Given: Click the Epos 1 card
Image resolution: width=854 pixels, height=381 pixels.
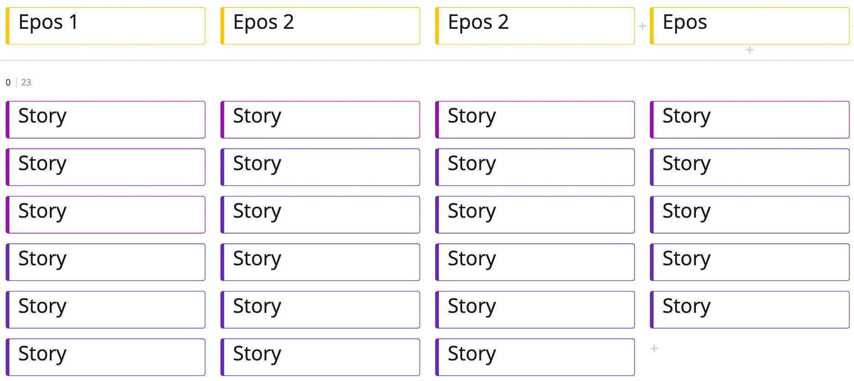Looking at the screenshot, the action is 105,26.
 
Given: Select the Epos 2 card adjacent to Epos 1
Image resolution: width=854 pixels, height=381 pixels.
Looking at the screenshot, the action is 320,26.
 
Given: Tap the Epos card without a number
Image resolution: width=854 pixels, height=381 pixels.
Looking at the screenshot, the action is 749,26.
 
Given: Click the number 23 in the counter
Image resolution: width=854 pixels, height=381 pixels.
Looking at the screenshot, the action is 26,83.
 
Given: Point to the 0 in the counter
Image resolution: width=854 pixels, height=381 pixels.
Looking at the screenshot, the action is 8,83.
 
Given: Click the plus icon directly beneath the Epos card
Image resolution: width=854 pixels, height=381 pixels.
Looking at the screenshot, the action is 749,50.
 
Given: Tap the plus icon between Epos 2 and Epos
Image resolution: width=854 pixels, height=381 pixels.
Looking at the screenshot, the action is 642,26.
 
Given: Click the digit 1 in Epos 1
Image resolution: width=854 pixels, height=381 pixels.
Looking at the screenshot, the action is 73,22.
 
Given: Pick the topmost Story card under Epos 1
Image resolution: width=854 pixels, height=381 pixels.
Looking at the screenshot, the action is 105,120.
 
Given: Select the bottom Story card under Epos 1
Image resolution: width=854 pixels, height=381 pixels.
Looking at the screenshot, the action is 105,357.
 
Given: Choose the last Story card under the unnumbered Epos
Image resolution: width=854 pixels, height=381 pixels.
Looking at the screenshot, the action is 749,310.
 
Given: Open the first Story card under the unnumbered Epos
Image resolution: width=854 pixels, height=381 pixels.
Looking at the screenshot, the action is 749,120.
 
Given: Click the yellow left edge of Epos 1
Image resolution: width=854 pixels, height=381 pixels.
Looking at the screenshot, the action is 8,26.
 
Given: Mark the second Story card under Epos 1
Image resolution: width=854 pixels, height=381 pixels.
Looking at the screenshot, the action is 105,167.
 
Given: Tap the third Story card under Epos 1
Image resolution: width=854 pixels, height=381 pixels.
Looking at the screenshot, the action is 105,215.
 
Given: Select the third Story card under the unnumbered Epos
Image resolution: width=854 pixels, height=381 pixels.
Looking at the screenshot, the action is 749,215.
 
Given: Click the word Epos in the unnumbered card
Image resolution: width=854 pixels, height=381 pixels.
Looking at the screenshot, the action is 685,22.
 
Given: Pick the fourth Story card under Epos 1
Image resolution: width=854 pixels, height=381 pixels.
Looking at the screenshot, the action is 105,262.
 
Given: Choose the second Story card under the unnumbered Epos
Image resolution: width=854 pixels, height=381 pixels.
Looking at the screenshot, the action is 749,167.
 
